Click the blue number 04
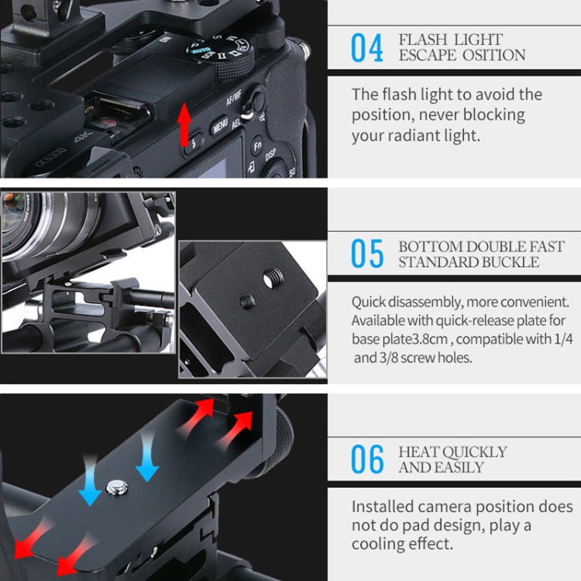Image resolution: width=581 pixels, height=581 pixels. click(367, 47)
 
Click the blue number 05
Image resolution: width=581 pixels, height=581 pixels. click(367, 254)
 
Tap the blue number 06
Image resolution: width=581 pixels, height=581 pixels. click(367, 459)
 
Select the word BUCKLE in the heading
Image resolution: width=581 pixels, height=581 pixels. click(512, 262)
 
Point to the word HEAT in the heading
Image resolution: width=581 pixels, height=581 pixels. click(419, 452)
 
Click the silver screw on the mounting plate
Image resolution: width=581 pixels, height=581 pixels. click(117, 487)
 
